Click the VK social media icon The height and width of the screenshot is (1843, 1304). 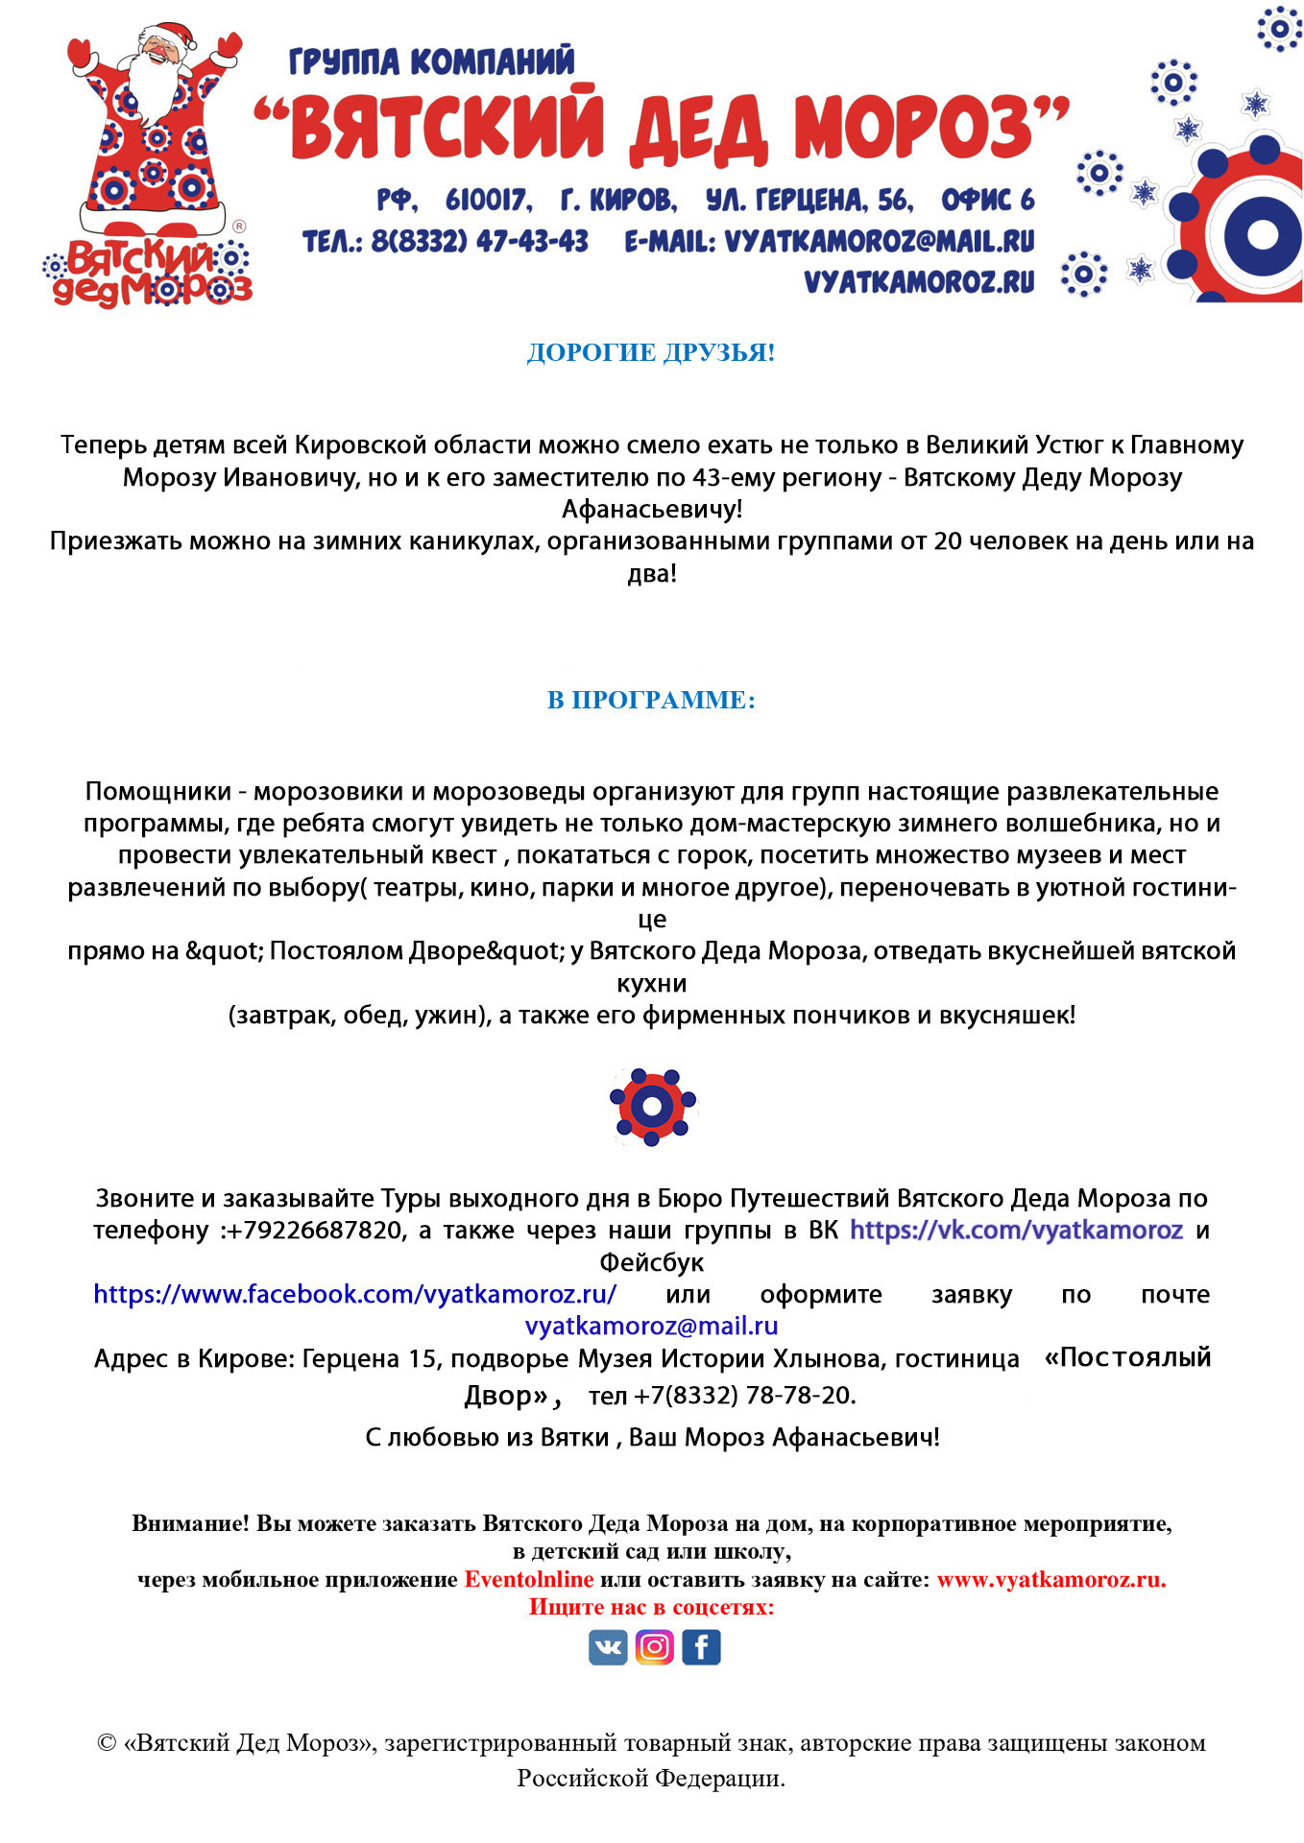(608, 1647)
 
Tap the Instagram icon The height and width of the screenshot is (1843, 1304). (654, 1647)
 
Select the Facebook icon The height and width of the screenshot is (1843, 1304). (701, 1647)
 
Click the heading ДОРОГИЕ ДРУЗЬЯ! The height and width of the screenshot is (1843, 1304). (651, 352)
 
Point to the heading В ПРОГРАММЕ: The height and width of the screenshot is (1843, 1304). (651, 700)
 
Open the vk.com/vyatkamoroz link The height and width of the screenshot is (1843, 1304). (1016, 1230)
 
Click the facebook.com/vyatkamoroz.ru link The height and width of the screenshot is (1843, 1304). (354, 1294)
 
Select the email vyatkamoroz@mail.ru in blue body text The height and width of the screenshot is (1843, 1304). (651, 1326)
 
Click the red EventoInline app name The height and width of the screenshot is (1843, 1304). (529, 1579)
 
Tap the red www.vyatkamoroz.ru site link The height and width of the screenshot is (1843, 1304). (1051, 1579)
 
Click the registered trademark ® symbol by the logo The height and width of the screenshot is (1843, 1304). (239, 227)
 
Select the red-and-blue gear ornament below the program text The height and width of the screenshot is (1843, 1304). (652, 1107)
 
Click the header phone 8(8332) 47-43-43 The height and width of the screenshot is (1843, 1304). (479, 241)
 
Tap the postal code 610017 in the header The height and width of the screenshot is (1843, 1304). (488, 200)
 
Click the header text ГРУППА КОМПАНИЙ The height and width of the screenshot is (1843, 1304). (431, 61)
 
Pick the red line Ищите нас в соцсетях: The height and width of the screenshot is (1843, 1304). (651, 1607)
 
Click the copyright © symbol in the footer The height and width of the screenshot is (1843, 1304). (107, 1742)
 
